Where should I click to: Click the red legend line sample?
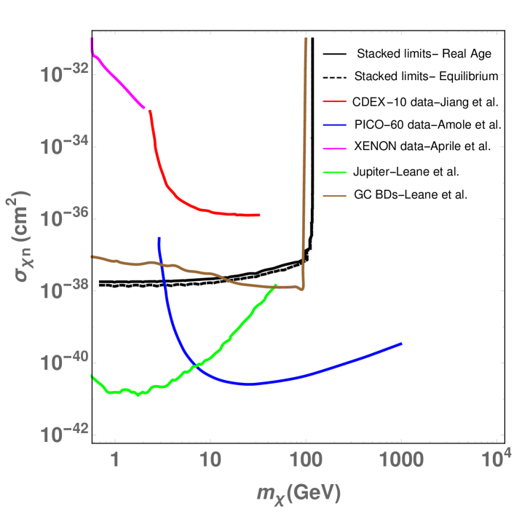click(335, 102)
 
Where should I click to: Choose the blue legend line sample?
click(335, 125)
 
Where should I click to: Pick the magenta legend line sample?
click(335, 149)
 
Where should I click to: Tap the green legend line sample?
click(335, 173)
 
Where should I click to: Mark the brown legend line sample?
click(335, 196)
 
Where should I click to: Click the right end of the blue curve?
click(401, 343)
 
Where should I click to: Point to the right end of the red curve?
click(259, 215)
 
